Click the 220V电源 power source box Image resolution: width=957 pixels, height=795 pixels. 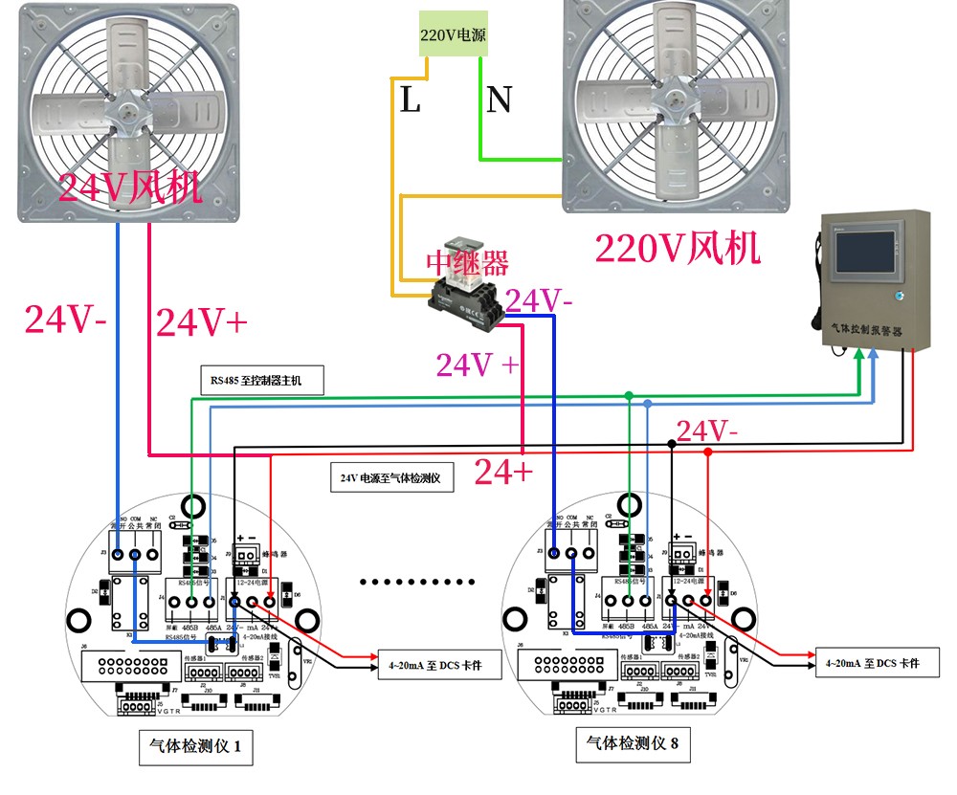pos(453,34)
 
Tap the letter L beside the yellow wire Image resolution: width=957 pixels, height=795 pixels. pos(410,99)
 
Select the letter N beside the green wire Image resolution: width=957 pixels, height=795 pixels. pos(498,99)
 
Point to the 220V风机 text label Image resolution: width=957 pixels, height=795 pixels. pos(678,249)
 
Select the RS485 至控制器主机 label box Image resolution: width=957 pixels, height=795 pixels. pos(262,380)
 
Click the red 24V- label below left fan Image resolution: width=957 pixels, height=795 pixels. pos(65,320)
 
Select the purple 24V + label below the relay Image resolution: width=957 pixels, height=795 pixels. pos(478,364)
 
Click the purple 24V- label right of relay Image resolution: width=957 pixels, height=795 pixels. pos(540,301)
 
